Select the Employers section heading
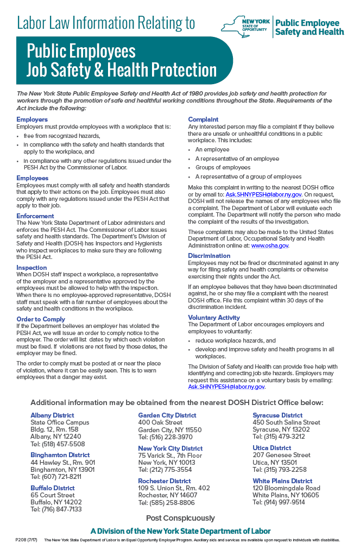point(32,119)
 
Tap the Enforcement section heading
point(35,216)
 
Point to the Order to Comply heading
point(41,319)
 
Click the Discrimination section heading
point(209,256)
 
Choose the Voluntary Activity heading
point(214,318)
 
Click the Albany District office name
point(52,415)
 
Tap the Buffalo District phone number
point(56,509)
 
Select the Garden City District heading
point(167,415)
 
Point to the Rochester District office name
point(165,481)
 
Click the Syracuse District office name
point(277,415)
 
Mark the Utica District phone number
point(280,470)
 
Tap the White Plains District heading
point(282,481)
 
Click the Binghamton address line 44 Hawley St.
point(62,462)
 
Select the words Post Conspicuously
point(180,518)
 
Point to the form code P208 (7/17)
point(26,540)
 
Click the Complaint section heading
point(203,119)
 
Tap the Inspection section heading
point(31,268)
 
